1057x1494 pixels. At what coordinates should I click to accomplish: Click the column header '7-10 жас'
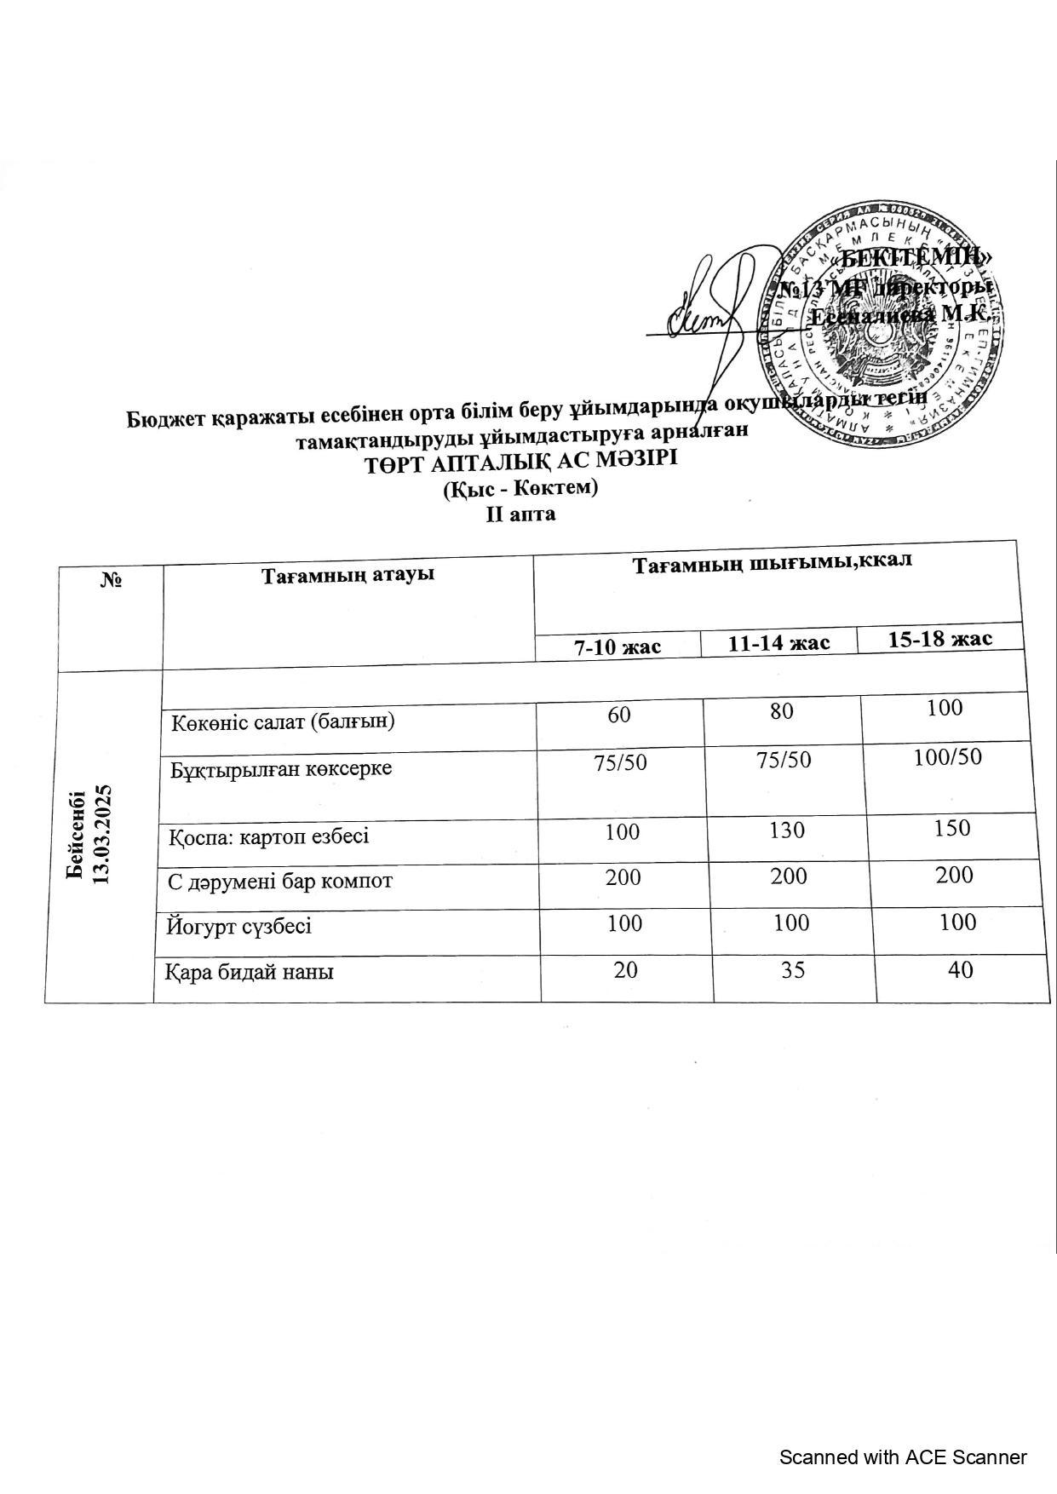618,646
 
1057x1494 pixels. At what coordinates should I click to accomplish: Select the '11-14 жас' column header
778,642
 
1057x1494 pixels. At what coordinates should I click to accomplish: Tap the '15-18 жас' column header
939,639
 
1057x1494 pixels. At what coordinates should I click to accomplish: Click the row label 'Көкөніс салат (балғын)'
283,722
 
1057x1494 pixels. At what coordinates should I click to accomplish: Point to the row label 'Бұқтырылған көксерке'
281,769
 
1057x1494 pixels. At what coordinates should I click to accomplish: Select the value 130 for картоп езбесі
786,830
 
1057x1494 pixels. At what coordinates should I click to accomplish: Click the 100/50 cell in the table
947,756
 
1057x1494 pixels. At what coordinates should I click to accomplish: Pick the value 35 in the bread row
792,969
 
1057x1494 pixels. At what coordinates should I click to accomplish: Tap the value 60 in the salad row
619,714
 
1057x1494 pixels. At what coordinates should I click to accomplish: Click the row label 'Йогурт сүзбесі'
239,926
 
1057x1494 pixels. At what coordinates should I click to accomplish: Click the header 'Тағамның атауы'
348,574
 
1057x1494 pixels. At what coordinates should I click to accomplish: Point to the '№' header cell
112,580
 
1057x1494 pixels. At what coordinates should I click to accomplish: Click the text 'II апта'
520,514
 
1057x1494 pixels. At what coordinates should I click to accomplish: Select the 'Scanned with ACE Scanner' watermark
903,1457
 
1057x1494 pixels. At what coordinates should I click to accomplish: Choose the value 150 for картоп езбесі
951,828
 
